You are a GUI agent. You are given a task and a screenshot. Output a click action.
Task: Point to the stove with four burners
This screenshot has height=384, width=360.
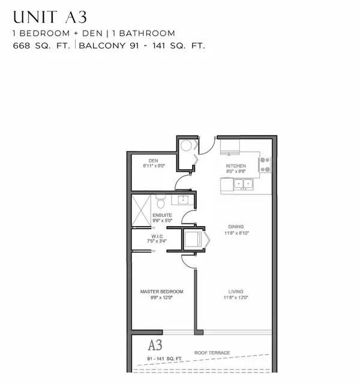click(265, 164)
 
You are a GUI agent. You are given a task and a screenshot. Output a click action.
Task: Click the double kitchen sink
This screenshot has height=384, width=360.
click(242, 184)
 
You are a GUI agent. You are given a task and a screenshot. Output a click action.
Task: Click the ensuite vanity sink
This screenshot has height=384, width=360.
click(182, 200)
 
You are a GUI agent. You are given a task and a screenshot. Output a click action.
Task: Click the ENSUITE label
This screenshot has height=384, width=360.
click(162, 214)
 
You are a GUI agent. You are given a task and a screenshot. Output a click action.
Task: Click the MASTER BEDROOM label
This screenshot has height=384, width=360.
click(161, 292)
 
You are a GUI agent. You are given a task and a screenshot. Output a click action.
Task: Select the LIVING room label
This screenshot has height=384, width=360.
click(236, 292)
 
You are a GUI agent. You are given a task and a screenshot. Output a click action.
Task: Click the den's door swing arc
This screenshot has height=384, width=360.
click(182, 183)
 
